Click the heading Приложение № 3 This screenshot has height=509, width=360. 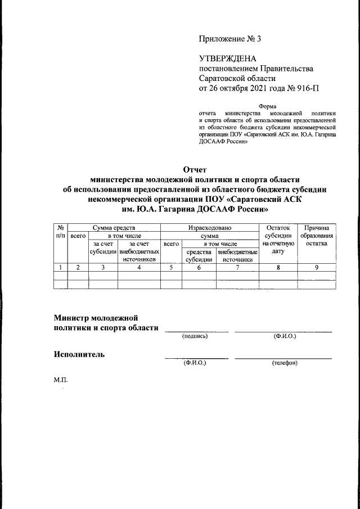(x=230, y=39)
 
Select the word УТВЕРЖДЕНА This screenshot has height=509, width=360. (x=228, y=58)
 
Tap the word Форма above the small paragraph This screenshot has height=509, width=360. (x=267, y=106)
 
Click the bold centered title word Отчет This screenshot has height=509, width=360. (x=196, y=169)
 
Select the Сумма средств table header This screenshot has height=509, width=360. (x=114, y=227)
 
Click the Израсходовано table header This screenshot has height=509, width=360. (x=209, y=227)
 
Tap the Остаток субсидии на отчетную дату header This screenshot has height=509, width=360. (x=278, y=240)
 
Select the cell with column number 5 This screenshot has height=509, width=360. (x=171, y=268)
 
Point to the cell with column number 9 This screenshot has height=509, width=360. (x=317, y=268)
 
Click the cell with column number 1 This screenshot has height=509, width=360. (x=60, y=268)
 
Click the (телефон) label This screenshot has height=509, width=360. (x=285, y=363)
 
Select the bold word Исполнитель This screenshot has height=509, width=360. (x=79, y=354)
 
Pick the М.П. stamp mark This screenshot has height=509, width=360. (x=60, y=381)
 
